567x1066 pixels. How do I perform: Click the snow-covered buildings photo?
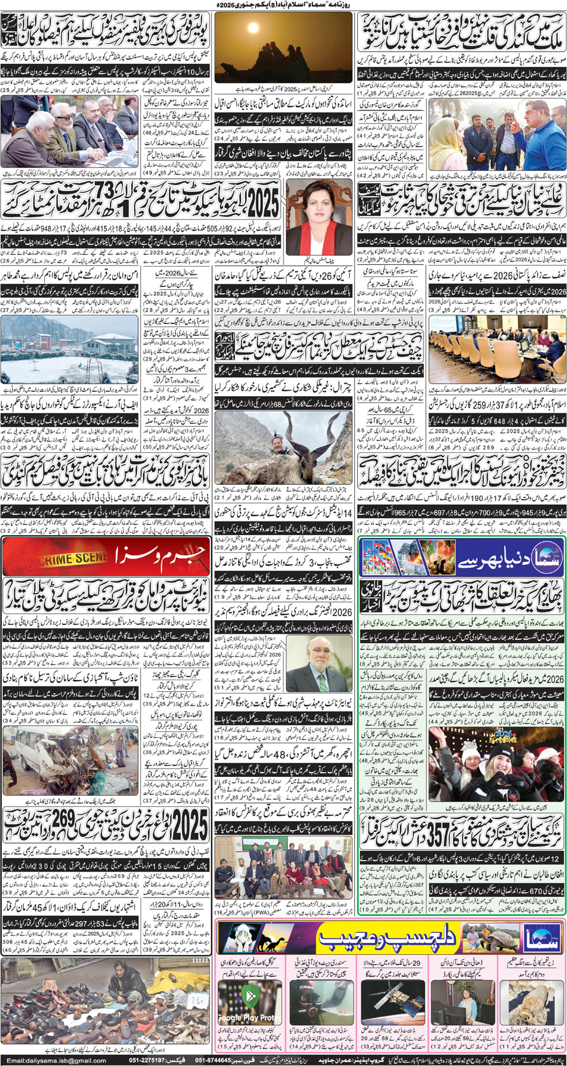[x=68, y=348]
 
